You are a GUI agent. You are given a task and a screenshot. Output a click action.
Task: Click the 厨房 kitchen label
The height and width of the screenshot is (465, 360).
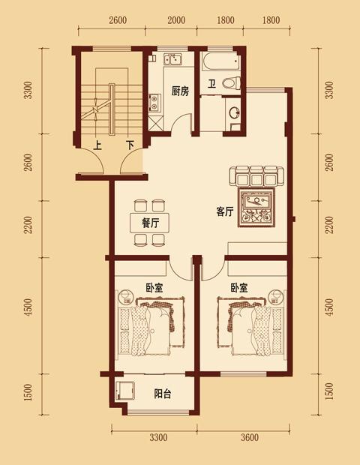(x=180, y=91)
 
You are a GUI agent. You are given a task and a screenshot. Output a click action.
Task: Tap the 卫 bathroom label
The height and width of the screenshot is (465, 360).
(x=211, y=84)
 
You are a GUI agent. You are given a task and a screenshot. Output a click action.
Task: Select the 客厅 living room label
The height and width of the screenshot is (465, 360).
(x=225, y=211)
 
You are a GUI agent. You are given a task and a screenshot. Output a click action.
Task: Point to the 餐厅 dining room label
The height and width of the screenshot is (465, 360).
(x=151, y=223)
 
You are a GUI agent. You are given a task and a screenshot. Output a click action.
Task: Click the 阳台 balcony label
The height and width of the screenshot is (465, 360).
(x=163, y=394)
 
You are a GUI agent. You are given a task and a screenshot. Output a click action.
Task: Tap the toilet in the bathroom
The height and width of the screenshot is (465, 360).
(x=231, y=83)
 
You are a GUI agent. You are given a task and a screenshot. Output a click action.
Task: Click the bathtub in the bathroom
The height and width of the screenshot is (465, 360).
(x=220, y=61)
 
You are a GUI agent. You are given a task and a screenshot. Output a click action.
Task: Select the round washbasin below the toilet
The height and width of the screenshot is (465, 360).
(x=235, y=112)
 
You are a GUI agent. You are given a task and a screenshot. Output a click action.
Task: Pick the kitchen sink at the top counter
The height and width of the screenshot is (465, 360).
(x=173, y=58)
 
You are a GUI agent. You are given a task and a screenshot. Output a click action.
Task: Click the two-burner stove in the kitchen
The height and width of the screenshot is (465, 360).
(x=155, y=102)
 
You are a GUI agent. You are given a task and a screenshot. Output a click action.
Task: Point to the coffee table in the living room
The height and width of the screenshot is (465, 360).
(x=257, y=208)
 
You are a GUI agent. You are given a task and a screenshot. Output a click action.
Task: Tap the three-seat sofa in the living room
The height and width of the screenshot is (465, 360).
(x=256, y=176)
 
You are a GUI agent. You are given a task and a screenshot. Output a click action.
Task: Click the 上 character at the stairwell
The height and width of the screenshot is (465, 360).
(x=97, y=145)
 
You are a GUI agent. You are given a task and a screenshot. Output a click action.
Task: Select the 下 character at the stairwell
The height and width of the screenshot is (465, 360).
(x=130, y=145)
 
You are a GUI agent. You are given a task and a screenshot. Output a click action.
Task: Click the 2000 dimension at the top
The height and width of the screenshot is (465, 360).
(x=176, y=20)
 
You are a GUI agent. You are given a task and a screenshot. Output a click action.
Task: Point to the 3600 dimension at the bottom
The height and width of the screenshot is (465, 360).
(x=250, y=437)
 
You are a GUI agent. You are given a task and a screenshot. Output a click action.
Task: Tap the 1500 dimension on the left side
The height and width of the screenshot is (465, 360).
(x=28, y=392)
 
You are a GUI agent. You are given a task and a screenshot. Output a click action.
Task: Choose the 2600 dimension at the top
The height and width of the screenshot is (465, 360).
(x=118, y=20)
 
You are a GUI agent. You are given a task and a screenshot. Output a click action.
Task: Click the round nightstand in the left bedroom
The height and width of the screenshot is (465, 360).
(x=126, y=296)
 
